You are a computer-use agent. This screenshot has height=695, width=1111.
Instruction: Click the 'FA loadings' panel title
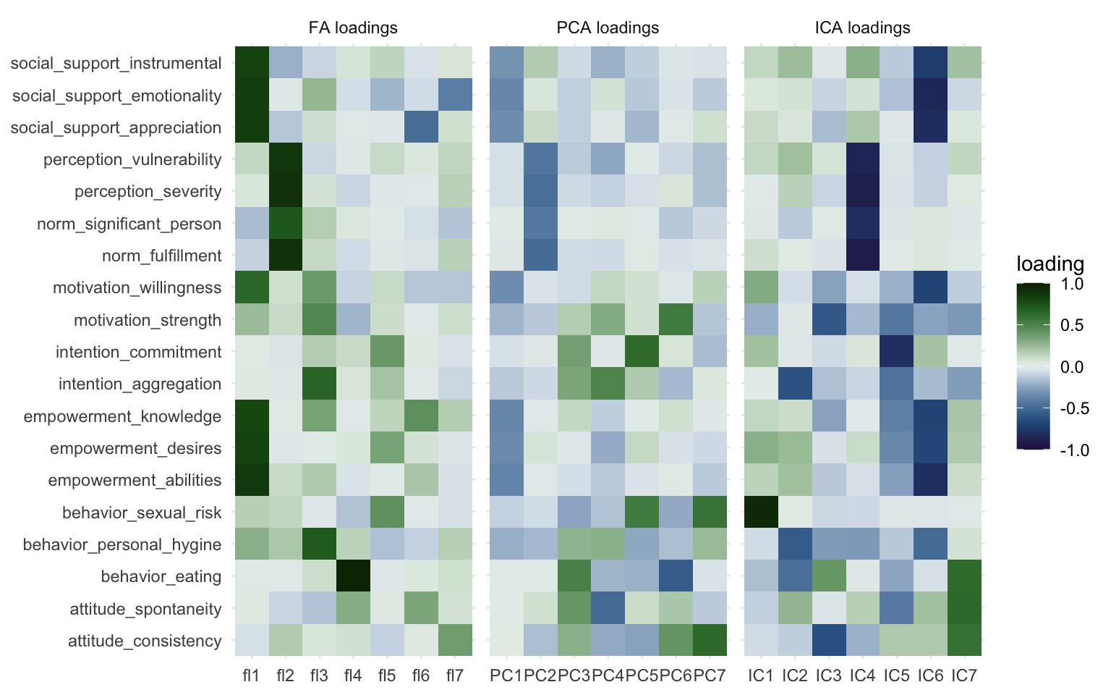coord(353,28)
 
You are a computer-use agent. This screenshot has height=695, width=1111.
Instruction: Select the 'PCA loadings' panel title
coord(608,28)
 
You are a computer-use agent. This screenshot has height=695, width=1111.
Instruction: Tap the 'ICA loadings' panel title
coord(862,28)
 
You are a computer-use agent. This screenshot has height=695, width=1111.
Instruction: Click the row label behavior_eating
coord(161,577)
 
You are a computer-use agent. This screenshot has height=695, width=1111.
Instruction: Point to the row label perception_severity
coord(148,192)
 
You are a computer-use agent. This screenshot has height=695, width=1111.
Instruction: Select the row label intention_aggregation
coord(140,384)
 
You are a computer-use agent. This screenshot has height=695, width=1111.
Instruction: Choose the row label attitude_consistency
coord(145,641)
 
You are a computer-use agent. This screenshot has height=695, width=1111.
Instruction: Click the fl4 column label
coord(353,676)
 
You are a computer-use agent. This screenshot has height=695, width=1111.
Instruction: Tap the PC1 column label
coord(506,676)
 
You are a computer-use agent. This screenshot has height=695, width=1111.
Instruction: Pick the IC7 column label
coord(964,676)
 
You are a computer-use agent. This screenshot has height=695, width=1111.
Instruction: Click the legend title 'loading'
coord(1050,264)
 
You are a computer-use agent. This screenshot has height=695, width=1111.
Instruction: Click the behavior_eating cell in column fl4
coord(353,577)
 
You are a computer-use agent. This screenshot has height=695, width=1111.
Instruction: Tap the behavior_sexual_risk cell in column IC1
coord(761,513)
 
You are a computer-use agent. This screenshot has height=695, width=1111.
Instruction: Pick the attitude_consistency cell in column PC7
coord(710,641)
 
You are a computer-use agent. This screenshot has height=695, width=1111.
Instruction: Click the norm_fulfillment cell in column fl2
coord(286,256)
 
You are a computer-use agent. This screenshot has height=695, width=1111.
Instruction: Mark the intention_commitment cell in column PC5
coord(642,352)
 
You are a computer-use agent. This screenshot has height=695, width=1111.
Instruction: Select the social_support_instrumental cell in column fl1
coord(252,63)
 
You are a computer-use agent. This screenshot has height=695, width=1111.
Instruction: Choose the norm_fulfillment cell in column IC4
coord(862,256)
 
